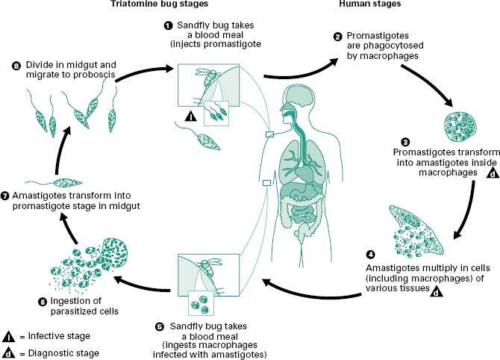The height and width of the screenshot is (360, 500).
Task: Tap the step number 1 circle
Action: point(168,25)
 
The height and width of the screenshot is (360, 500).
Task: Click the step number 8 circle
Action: point(16,64)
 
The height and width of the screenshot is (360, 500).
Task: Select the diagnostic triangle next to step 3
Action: point(493,174)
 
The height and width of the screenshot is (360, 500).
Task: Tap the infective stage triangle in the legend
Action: point(9,336)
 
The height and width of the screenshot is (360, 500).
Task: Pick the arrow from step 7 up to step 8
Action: point(66,149)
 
